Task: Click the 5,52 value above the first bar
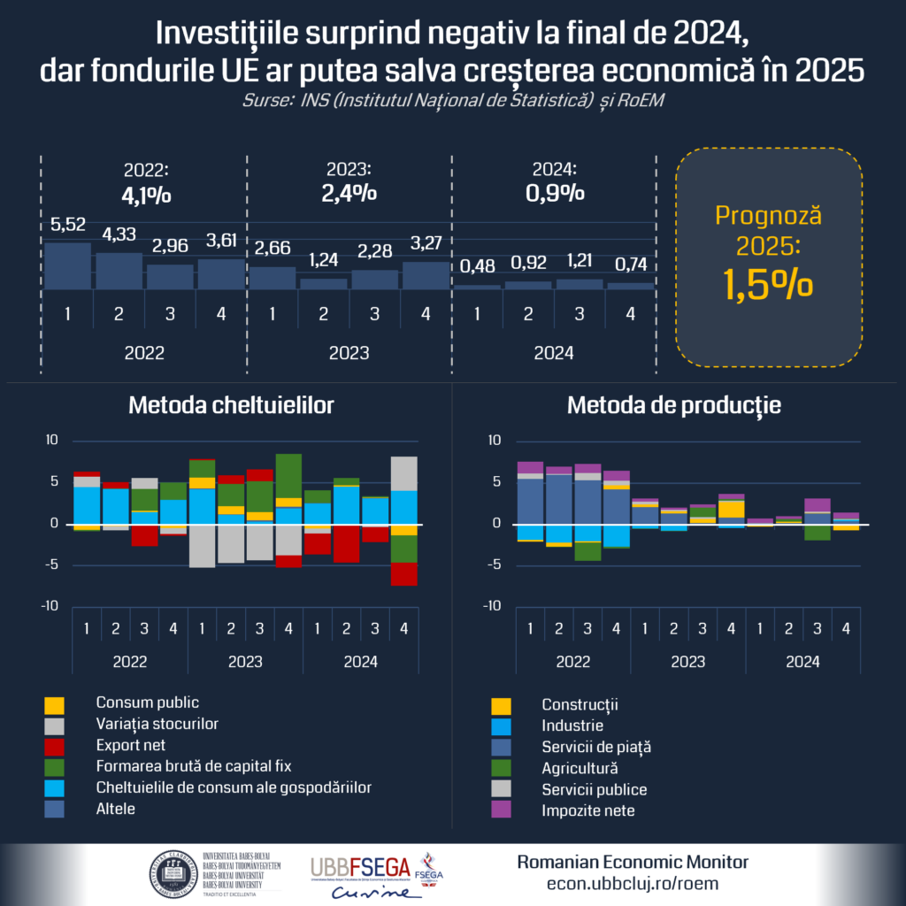(x=67, y=226)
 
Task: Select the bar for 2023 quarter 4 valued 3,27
(x=426, y=275)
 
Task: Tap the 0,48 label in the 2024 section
(x=477, y=266)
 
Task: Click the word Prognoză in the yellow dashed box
(x=768, y=215)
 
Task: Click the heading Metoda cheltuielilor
(x=232, y=406)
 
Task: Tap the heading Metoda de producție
(x=674, y=406)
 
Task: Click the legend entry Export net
(x=131, y=745)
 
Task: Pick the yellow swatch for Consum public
(x=55, y=706)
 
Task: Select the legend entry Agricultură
(x=580, y=768)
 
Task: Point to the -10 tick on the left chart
(x=51, y=606)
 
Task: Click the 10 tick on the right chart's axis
(x=495, y=440)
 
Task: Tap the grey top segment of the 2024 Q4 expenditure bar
(x=403, y=472)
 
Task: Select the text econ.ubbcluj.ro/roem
(x=633, y=883)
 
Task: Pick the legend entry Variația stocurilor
(x=157, y=724)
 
